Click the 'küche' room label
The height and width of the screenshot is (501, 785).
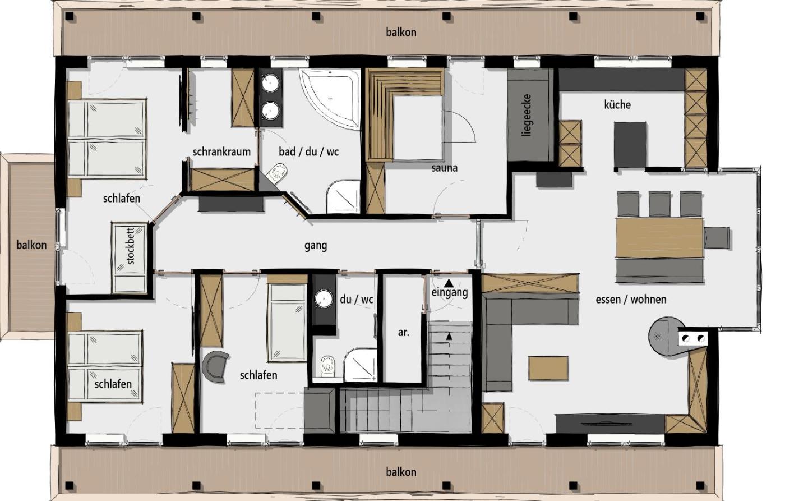617,104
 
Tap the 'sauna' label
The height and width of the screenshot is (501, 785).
444,168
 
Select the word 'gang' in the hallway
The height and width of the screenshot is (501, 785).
315,246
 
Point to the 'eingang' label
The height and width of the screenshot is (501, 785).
450,292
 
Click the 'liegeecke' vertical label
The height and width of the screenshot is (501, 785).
527,115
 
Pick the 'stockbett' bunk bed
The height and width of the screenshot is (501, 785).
130,258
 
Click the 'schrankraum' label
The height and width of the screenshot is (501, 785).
221,152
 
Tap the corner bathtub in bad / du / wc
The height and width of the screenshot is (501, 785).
330,99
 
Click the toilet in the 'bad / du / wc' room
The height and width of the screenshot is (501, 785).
278,173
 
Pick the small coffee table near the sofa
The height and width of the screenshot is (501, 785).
548,368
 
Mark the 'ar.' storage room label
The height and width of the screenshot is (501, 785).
404,332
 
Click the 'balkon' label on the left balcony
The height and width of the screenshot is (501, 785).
31,245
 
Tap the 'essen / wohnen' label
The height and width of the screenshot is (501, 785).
631,300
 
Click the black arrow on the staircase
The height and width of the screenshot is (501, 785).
449,337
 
